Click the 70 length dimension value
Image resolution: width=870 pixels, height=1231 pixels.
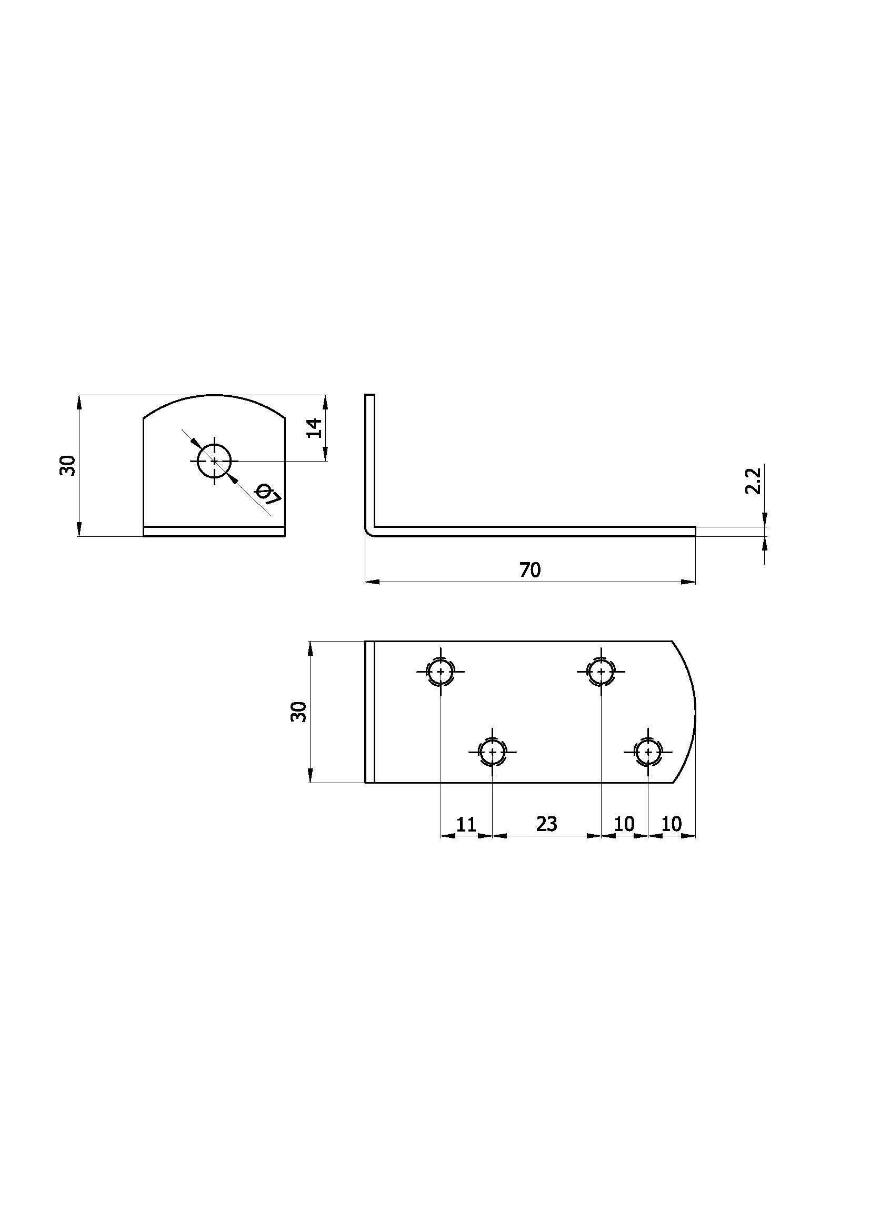(530, 570)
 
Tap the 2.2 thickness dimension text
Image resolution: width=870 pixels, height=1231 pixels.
(753, 481)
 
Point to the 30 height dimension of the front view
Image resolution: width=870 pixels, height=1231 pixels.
(67, 465)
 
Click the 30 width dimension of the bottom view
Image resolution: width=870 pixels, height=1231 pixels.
(299, 712)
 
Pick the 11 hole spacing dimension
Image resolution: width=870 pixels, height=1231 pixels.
(466, 824)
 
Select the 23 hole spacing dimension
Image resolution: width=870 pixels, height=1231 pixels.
(546, 824)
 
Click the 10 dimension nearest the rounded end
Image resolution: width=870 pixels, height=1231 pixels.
(672, 824)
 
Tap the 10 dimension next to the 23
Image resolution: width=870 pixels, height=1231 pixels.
(625, 824)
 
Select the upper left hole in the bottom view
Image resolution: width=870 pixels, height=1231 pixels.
(441, 671)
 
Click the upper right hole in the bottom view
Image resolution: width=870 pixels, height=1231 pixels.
(601, 671)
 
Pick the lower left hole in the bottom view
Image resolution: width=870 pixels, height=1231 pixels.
(492, 752)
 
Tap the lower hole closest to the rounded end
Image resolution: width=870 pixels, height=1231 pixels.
(648, 752)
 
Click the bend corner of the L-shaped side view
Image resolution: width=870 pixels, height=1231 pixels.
(369, 531)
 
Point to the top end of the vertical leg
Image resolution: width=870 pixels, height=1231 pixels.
(369, 396)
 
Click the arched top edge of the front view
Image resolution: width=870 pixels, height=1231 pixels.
(214, 396)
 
